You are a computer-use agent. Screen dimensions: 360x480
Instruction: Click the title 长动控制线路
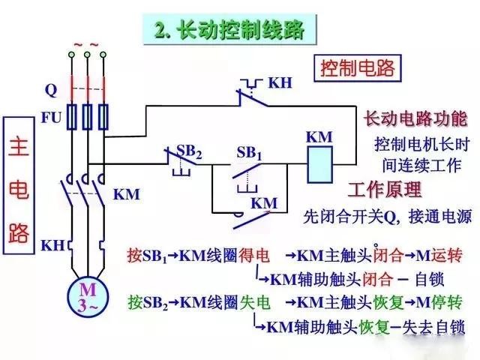click(229, 31)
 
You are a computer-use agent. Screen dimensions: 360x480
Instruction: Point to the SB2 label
click(188, 151)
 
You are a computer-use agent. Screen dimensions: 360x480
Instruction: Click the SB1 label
click(249, 151)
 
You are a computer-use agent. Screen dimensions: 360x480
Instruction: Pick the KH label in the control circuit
click(280, 82)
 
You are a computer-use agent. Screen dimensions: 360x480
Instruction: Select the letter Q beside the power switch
click(51, 91)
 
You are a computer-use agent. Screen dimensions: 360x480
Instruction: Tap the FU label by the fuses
click(52, 117)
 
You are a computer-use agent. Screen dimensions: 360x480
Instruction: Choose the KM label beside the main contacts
click(127, 193)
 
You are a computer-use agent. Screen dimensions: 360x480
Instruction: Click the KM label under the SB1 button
click(263, 202)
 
